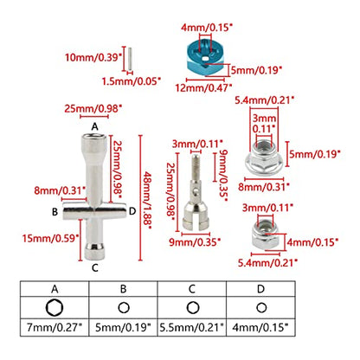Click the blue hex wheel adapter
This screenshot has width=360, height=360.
point(205,57)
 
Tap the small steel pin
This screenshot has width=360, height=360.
point(131,59)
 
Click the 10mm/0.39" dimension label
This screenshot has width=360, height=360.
point(92,57)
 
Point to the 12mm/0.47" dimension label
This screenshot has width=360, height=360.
point(203,87)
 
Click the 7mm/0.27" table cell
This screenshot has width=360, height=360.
point(55,327)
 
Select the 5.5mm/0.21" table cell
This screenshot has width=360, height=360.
point(192,327)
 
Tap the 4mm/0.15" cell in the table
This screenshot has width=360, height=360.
point(260,327)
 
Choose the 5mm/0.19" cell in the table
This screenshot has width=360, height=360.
point(123,327)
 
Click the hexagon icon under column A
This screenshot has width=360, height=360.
point(55,308)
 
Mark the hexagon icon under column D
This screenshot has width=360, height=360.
point(261,308)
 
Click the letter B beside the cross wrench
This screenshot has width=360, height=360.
point(55,212)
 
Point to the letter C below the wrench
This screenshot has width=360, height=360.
point(95,268)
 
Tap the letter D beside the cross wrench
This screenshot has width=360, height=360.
point(132,211)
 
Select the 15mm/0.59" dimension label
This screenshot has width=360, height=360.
point(51,238)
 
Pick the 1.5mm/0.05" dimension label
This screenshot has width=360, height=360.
point(131,81)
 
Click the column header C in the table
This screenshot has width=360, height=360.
point(192,289)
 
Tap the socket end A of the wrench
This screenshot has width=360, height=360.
point(94,141)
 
